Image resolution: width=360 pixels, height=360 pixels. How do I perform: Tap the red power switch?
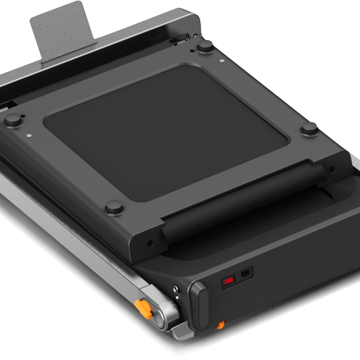[228, 280]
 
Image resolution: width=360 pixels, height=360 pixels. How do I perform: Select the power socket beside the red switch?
[246, 273]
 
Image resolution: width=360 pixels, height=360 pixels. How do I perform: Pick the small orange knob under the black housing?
[220, 325]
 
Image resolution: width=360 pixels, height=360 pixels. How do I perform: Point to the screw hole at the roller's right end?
[331, 169]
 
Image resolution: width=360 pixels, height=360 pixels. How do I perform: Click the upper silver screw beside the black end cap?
[176, 290]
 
